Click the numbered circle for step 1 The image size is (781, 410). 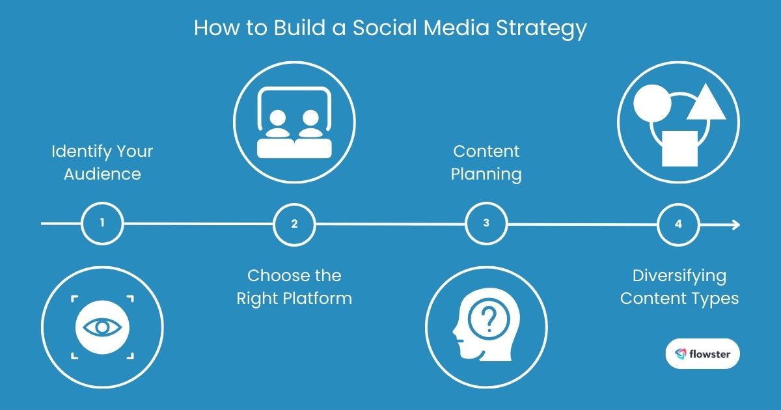coord(102,224)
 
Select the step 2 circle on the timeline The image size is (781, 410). coord(294,224)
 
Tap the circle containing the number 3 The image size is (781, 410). coord(486,224)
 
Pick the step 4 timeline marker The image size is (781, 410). coord(678,224)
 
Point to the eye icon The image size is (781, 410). coord(102,326)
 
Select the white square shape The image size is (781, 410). coord(679,148)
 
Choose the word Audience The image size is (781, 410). coord(102,174)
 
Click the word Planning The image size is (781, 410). coord(486,174)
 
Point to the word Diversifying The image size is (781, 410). coord(679,276)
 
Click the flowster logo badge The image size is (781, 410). coord(703,354)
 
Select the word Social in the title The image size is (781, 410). coord(374,29)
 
